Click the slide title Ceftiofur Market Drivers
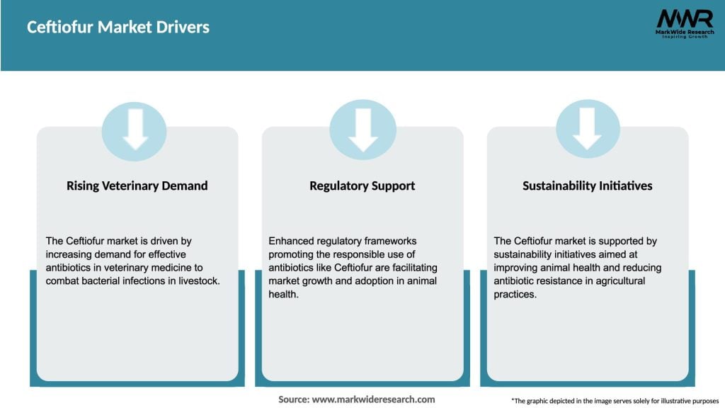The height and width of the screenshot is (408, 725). (118, 28)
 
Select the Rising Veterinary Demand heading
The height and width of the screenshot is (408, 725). (137, 186)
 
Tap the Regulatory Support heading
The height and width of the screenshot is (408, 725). (362, 186)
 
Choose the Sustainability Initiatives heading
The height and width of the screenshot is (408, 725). (587, 186)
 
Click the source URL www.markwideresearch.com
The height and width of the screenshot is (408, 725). (373, 399)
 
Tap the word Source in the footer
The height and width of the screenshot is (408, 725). (292, 399)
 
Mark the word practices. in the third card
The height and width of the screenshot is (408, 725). (515, 294)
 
